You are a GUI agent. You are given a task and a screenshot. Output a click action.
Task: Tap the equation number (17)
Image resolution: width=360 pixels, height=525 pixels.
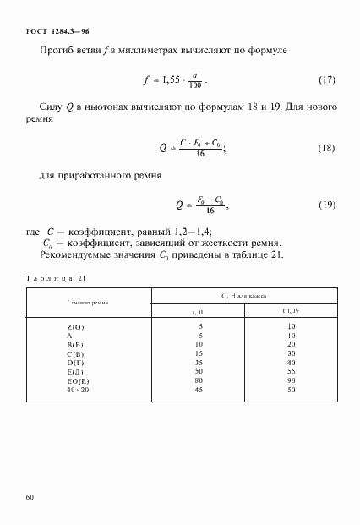tap(326, 81)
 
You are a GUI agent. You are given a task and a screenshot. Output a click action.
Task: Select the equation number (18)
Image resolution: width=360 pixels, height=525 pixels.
tap(326, 149)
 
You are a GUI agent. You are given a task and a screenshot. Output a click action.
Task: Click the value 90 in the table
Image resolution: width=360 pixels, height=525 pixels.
tap(289, 380)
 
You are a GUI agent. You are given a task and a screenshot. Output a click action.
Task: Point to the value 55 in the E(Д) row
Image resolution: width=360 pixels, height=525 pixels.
tap(289, 369)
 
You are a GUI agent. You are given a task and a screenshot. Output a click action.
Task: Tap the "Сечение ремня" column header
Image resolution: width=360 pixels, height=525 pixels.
tap(89, 302)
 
